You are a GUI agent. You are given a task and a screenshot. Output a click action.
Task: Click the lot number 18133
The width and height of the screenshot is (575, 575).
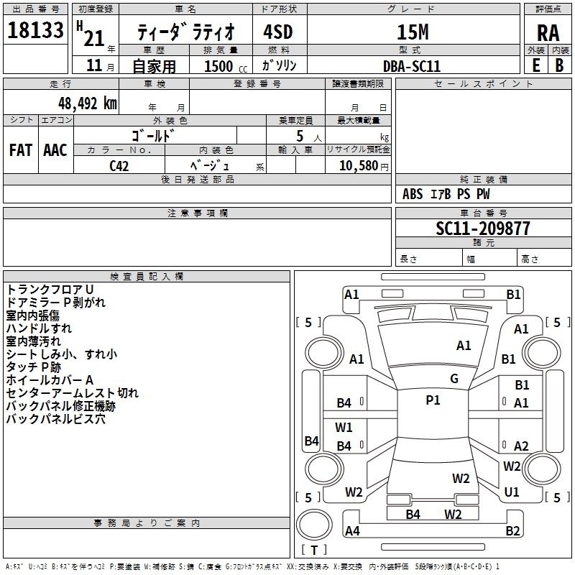click(36, 30)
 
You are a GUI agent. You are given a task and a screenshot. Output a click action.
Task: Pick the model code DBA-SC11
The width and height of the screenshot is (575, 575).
click(412, 66)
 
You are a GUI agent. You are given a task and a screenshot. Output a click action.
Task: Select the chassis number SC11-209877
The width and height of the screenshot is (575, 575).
click(483, 229)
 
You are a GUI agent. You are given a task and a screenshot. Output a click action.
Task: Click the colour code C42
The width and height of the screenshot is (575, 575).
click(119, 165)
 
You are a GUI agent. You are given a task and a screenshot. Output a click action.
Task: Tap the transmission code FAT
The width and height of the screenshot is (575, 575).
click(21, 150)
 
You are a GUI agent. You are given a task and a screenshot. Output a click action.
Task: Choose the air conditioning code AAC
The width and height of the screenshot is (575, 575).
click(55, 150)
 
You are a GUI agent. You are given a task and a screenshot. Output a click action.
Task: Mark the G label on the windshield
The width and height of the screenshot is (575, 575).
click(454, 378)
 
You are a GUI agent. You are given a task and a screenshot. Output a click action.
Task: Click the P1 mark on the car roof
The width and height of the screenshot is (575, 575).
click(433, 400)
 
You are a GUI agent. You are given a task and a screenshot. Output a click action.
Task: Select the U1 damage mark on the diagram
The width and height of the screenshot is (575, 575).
click(512, 492)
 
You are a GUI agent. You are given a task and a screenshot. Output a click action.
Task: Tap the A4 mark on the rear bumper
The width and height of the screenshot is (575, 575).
click(352, 531)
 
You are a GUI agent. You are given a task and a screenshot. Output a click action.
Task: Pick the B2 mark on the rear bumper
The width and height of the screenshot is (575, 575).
click(512, 531)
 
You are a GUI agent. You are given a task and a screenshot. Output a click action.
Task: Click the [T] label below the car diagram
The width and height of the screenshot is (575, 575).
click(314, 551)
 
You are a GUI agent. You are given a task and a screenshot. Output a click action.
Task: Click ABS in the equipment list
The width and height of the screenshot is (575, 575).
click(413, 193)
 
